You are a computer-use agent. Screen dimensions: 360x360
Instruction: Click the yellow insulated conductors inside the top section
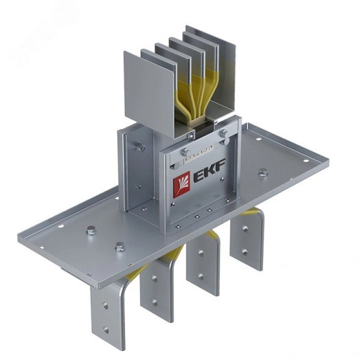pyautogui.click(x=188, y=96)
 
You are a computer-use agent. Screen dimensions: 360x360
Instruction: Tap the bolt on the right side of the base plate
pyautogui.click(x=263, y=171)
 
